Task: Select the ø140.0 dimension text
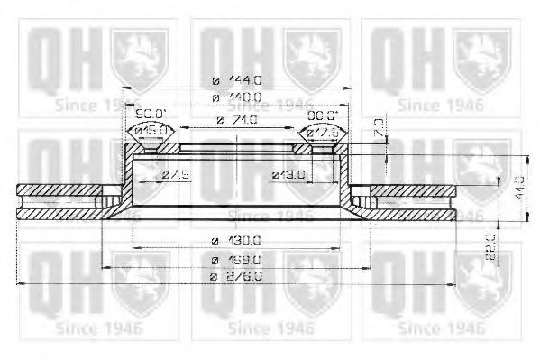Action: [x=237, y=97]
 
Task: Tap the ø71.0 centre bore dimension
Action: [x=238, y=119]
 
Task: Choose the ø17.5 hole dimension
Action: [x=323, y=132]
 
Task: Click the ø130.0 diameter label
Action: [x=237, y=241]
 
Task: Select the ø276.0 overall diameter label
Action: [x=237, y=277]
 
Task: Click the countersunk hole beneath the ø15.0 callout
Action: [x=151, y=147]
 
